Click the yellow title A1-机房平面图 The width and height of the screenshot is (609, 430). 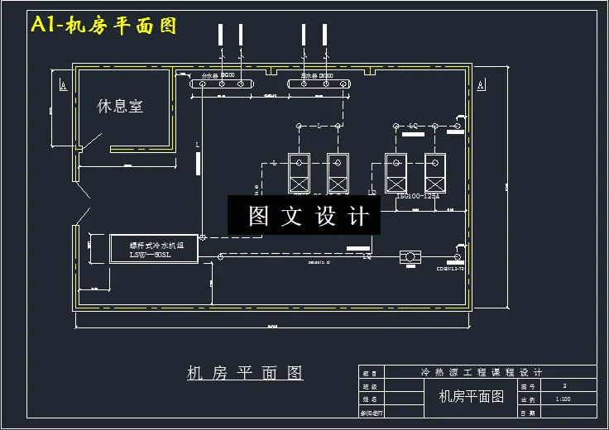click(104, 26)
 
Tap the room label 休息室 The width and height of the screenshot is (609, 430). click(120, 106)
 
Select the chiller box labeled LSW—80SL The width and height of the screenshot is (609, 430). click(154, 249)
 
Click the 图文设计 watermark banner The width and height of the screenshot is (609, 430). click(304, 216)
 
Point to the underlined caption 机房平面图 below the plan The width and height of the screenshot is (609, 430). click(245, 373)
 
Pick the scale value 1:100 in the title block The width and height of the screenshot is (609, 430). click(563, 399)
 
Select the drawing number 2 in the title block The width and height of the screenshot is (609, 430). click(564, 385)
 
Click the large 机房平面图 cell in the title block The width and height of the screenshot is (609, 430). click(471, 397)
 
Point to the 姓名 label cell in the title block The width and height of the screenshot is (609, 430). click(370, 399)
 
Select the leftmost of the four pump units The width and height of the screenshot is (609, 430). click(298, 172)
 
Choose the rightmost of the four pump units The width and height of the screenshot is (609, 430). click(436, 172)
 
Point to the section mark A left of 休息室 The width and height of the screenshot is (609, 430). click(63, 85)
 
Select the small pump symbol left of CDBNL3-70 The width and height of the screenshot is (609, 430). click(409, 257)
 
